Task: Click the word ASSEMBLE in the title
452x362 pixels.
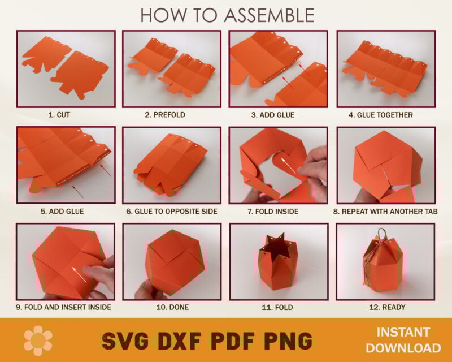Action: click(x=269, y=15)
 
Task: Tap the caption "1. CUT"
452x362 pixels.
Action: click(x=59, y=115)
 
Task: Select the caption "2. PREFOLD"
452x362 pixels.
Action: click(x=165, y=115)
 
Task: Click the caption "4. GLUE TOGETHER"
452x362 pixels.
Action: click(x=380, y=115)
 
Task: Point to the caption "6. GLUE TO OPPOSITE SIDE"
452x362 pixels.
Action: click(x=172, y=212)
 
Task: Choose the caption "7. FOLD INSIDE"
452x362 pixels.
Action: click(x=273, y=212)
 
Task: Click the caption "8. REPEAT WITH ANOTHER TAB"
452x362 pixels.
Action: click(x=385, y=212)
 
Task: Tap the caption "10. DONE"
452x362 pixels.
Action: click(x=172, y=307)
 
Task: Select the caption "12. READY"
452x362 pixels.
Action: click(x=387, y=307)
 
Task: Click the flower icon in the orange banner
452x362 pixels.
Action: click(x=38, y=341)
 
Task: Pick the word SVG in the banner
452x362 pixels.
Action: click(x=125, y=341)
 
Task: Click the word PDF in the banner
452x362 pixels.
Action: click(x=233, y=341)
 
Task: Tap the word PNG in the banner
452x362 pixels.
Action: click(x=288, y=341)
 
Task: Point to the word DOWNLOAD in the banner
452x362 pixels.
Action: click(x=403, y=348)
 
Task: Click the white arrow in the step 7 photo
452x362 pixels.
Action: click(x=288, y=165)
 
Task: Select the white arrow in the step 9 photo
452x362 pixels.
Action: click(x=79, y=275)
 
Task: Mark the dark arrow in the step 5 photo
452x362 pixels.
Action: click(x=77, y=192)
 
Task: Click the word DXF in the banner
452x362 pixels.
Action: click(x=180, y=341)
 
